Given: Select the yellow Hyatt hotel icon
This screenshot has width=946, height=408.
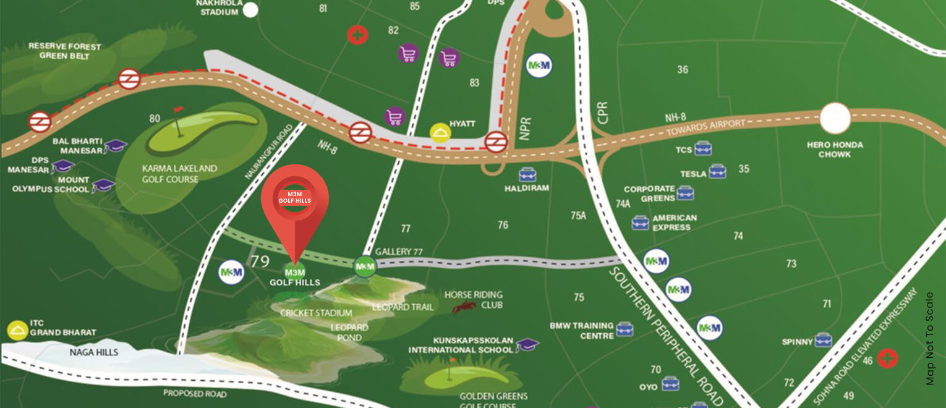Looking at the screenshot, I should [440, 132].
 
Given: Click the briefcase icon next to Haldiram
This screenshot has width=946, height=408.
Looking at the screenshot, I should [527, 174].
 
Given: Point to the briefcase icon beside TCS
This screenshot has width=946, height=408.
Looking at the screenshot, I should [702, 148].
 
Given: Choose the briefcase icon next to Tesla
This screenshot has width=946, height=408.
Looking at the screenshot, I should [717, 171].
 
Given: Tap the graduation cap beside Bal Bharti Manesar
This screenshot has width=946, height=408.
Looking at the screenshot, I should [115, 146].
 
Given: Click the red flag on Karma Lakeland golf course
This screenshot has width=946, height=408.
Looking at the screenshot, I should [179, 109].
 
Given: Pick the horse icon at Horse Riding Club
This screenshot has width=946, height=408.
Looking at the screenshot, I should [464, 307].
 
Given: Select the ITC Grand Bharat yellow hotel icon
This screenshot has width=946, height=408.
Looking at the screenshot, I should [17, 331].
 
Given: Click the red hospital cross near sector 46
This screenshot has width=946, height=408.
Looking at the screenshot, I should [888, 359].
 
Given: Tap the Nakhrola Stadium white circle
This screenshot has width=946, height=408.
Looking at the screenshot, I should [250, 9].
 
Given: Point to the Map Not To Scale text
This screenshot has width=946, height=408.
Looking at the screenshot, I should [931, 338].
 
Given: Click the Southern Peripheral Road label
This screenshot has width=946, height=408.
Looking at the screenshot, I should [665, 334].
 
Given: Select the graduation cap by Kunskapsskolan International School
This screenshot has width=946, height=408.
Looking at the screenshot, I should [527, 345].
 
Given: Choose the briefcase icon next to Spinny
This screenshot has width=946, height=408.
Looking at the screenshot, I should [823, 340].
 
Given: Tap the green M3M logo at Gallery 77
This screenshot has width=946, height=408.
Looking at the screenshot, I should [364, 266].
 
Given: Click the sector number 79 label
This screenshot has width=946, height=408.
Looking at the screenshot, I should [260, 261].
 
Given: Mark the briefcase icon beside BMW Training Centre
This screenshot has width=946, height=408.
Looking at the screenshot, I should [624, 329].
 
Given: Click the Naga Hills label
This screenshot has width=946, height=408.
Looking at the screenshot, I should [94, 352].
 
